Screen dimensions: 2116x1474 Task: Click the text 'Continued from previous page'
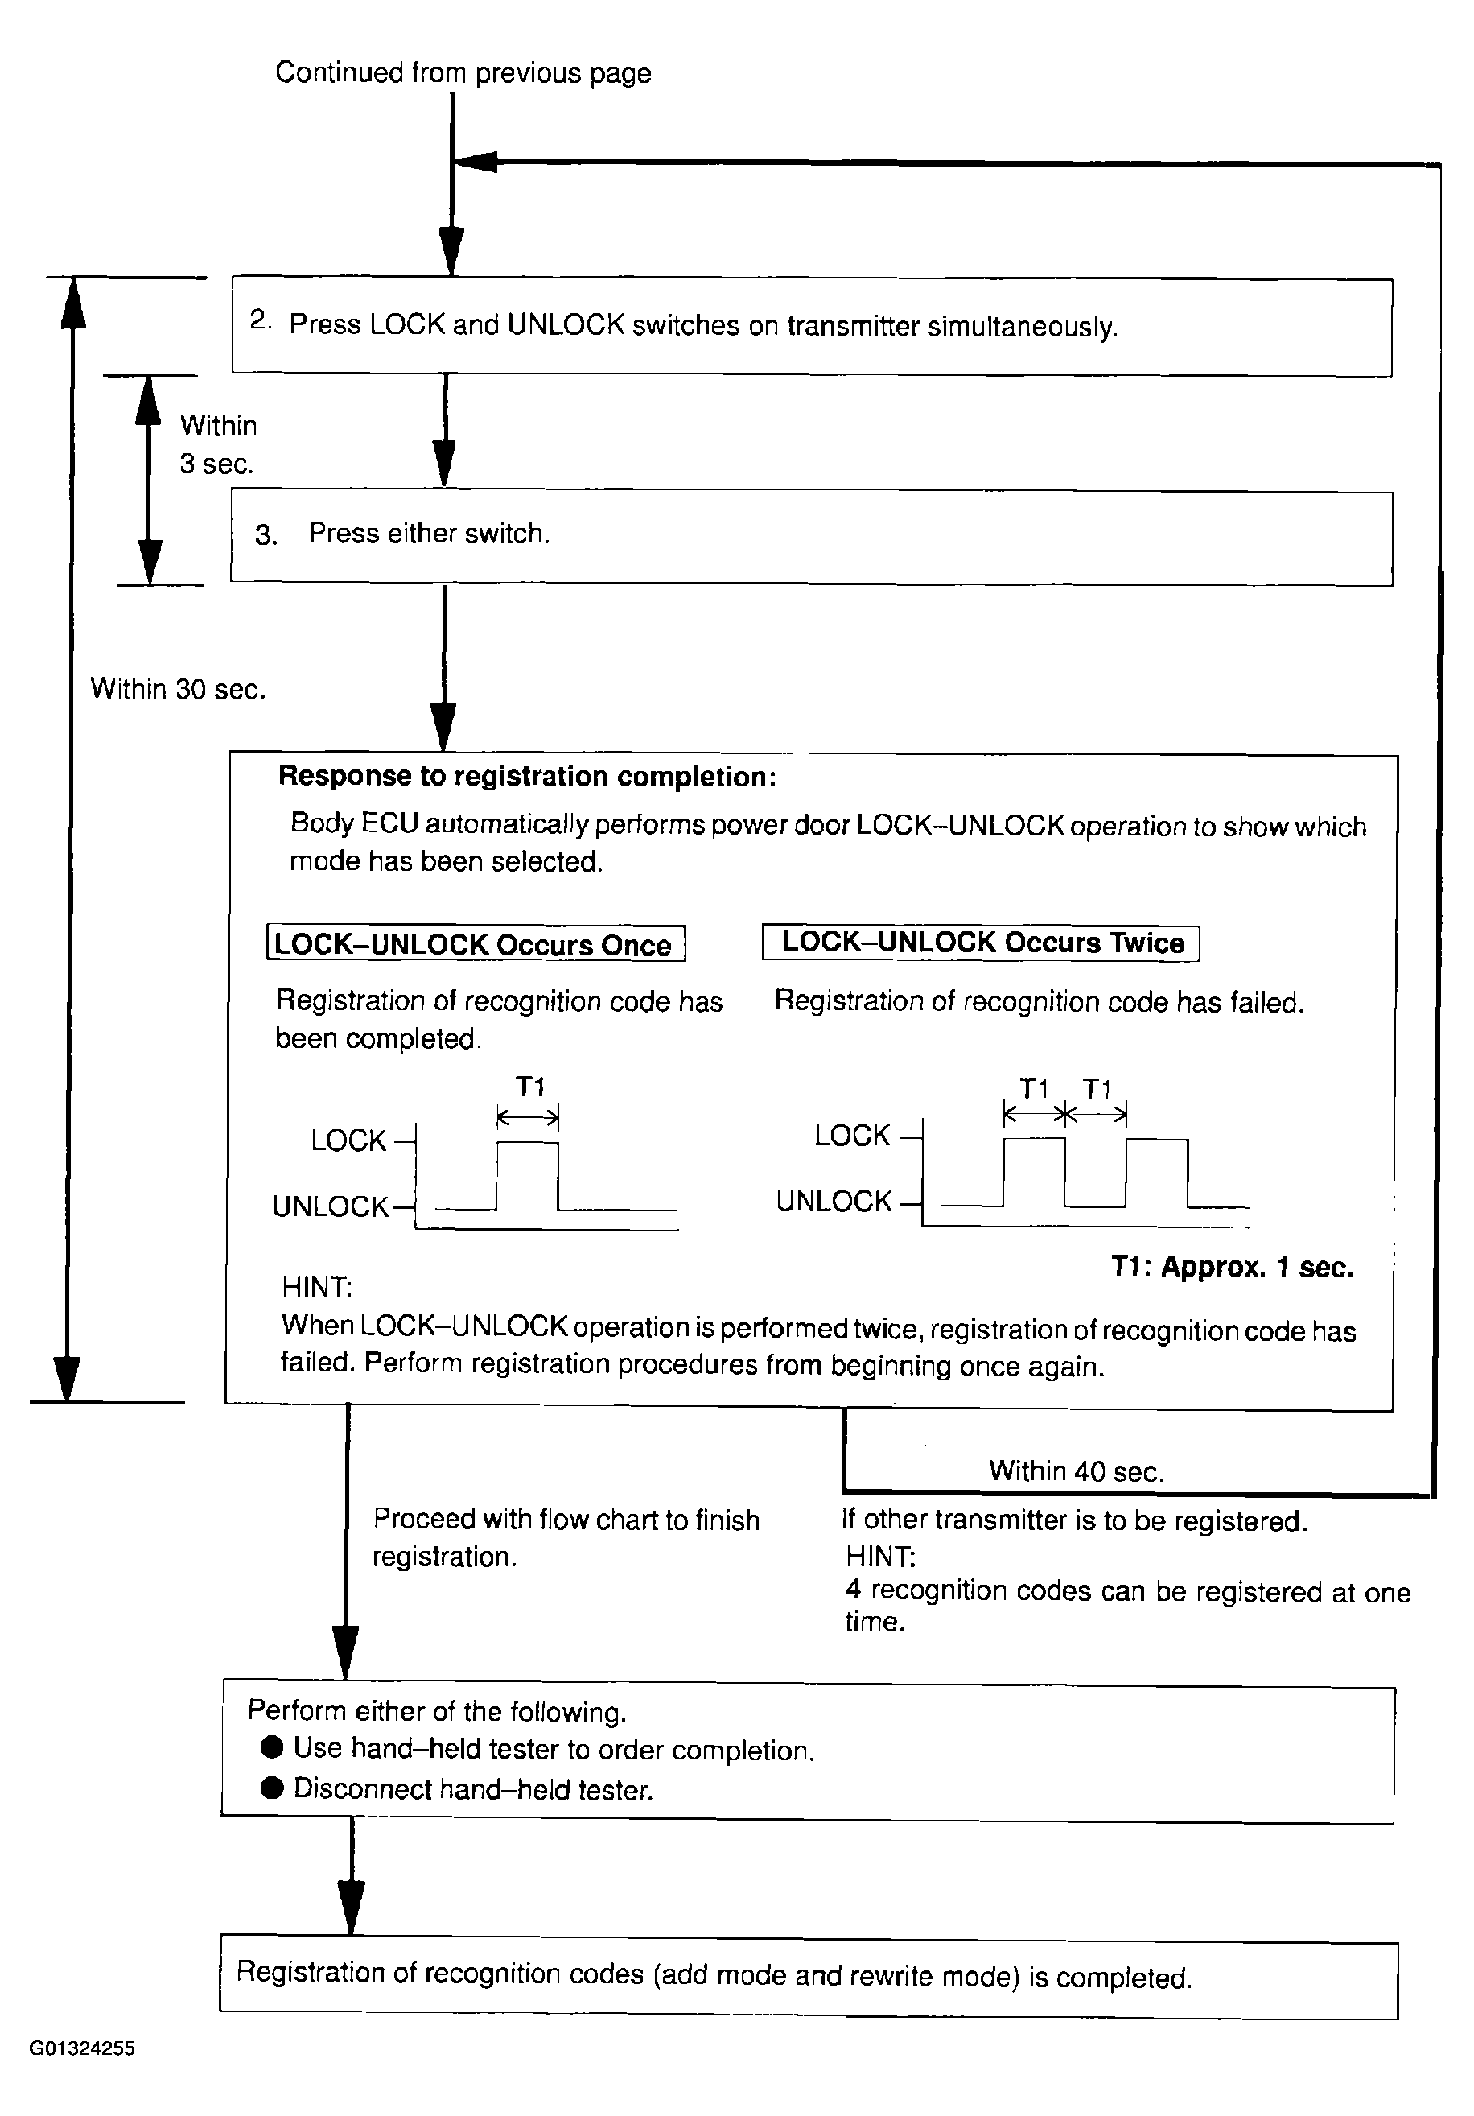(463, 72)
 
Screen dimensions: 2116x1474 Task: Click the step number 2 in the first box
(259, 320)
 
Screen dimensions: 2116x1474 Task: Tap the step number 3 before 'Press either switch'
(266, 535)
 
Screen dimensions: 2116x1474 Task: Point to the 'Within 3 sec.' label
(217, 444)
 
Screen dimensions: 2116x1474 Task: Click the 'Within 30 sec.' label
(178, 688)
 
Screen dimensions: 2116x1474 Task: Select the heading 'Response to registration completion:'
(527, 776)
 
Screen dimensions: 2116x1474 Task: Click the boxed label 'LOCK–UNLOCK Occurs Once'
(475, 944)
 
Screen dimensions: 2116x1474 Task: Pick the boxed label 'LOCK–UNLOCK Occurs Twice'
(981, 943)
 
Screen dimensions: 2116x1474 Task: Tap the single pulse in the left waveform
(527, 1174)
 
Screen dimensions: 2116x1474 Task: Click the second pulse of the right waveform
(1157, 1172)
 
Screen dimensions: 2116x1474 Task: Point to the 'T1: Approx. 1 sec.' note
(1232, 1267)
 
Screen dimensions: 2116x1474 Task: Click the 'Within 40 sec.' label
(1075, 1470)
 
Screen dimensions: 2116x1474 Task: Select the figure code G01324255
(82, 2048)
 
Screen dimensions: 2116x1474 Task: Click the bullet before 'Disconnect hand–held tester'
(272, 1788)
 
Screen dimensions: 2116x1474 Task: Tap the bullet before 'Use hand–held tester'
(272, 1747)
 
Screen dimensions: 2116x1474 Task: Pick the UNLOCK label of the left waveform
(330, 1206)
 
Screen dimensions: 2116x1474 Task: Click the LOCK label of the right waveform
(852, 1136)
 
